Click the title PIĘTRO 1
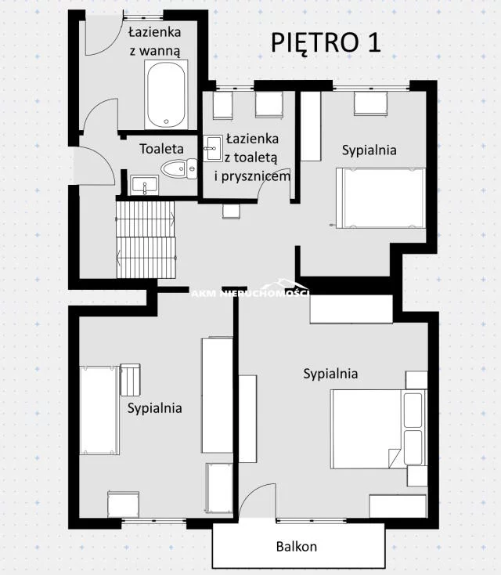click(x=326, y=43)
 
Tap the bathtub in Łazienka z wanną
click(x=166, y=94)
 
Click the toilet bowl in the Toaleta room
click(x=178, y=169)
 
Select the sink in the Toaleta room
click(x=145, y=185)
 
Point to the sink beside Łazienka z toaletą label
click(x=213, y=148)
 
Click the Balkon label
click(x=297, y=546)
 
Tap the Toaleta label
click(x=161, y=149)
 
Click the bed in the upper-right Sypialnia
click(x=381, y=198)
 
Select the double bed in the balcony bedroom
click(x=379, y=429)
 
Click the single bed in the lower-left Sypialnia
click(x=99, y=410)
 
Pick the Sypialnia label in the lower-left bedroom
click(x=155, y=408)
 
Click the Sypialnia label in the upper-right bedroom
click(x=369, y=150)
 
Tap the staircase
click(x=146, y=240)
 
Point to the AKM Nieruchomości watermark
click(x=250, y=292)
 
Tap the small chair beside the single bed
click(x=131, y=380)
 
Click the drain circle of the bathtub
click(x=167, y=121)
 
